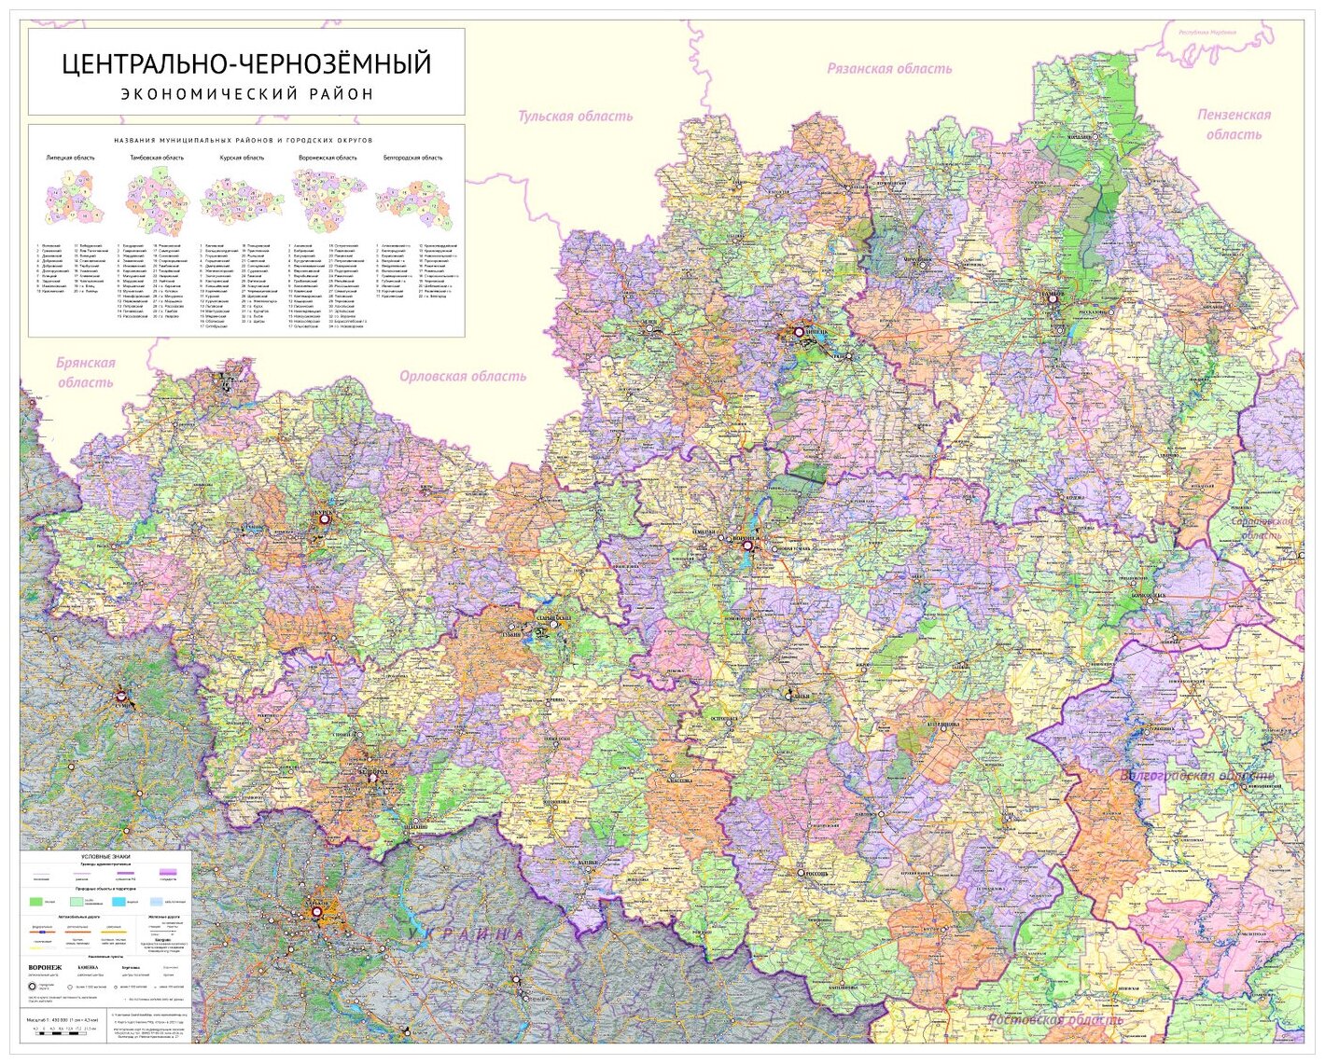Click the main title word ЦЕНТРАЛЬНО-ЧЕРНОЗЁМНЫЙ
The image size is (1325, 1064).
point(246,64)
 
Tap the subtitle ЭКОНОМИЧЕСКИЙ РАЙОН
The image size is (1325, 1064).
point(246,93)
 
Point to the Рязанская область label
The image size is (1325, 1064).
point(888,68)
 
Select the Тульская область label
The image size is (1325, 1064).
point(575,117)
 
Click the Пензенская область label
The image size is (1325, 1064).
point(1234,124)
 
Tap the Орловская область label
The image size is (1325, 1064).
point(463,376)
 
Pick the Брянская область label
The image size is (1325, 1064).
point(85,372)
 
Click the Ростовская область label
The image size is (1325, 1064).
point(1056,1019)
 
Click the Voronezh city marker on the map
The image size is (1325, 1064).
point(746,546)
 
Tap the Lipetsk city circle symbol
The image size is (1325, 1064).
point(800,330)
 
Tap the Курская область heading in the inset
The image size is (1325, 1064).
point(242,159)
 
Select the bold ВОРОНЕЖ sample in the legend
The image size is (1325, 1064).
point(45,968)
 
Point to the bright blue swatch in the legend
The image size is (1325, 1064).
point(119,902)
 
